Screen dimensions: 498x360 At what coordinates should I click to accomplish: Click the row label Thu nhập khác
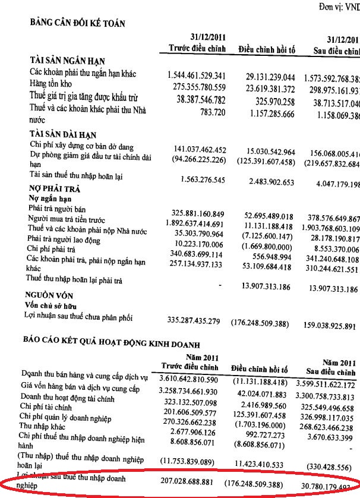click(x=49, y=426)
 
